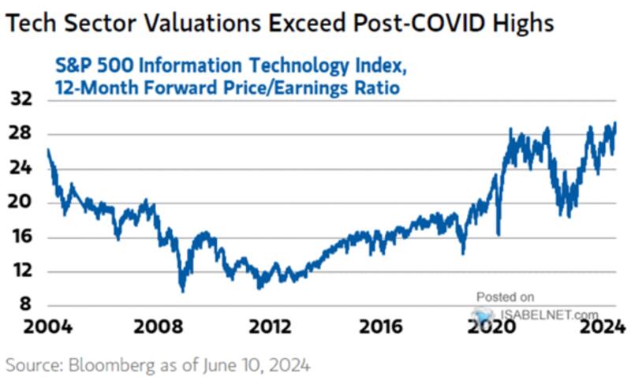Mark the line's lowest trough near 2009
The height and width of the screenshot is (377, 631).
click(183, 289)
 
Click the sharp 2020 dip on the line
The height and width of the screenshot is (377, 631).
click(498, 233)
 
